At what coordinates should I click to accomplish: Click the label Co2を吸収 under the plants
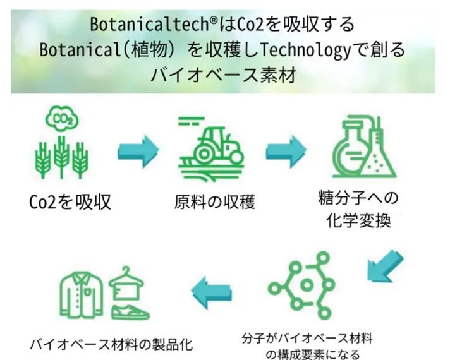70,203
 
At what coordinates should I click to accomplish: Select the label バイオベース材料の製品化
111,345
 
